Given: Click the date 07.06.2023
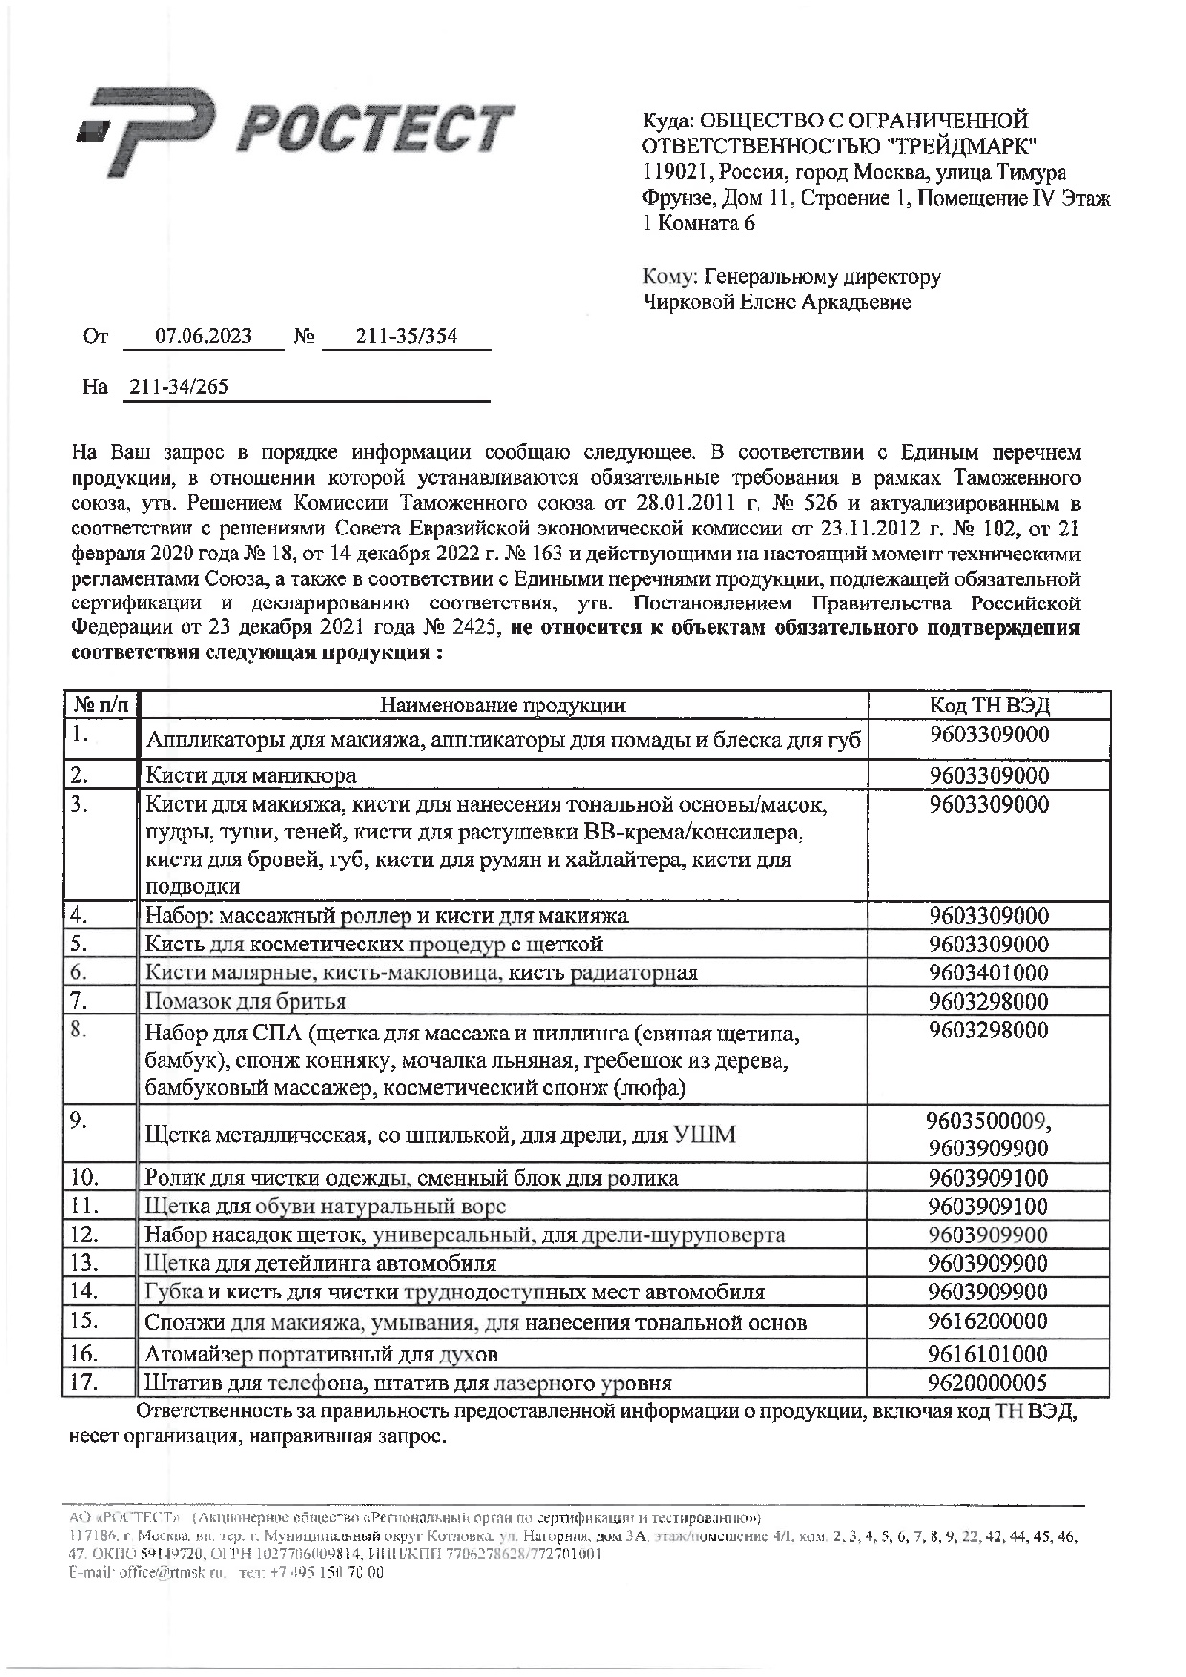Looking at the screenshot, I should tap(204, 337).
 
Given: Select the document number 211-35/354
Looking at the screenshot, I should tap(406, 337).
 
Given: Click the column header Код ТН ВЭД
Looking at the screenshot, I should tap(990, 706).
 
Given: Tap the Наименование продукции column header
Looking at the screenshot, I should tap(503, 706).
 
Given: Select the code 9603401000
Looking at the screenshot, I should tap(989, 973).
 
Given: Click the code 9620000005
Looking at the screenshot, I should tap(989, 1383).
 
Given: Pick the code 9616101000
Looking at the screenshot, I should tap(989, 1354).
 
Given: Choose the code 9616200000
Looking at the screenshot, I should tap(989, 1321).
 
